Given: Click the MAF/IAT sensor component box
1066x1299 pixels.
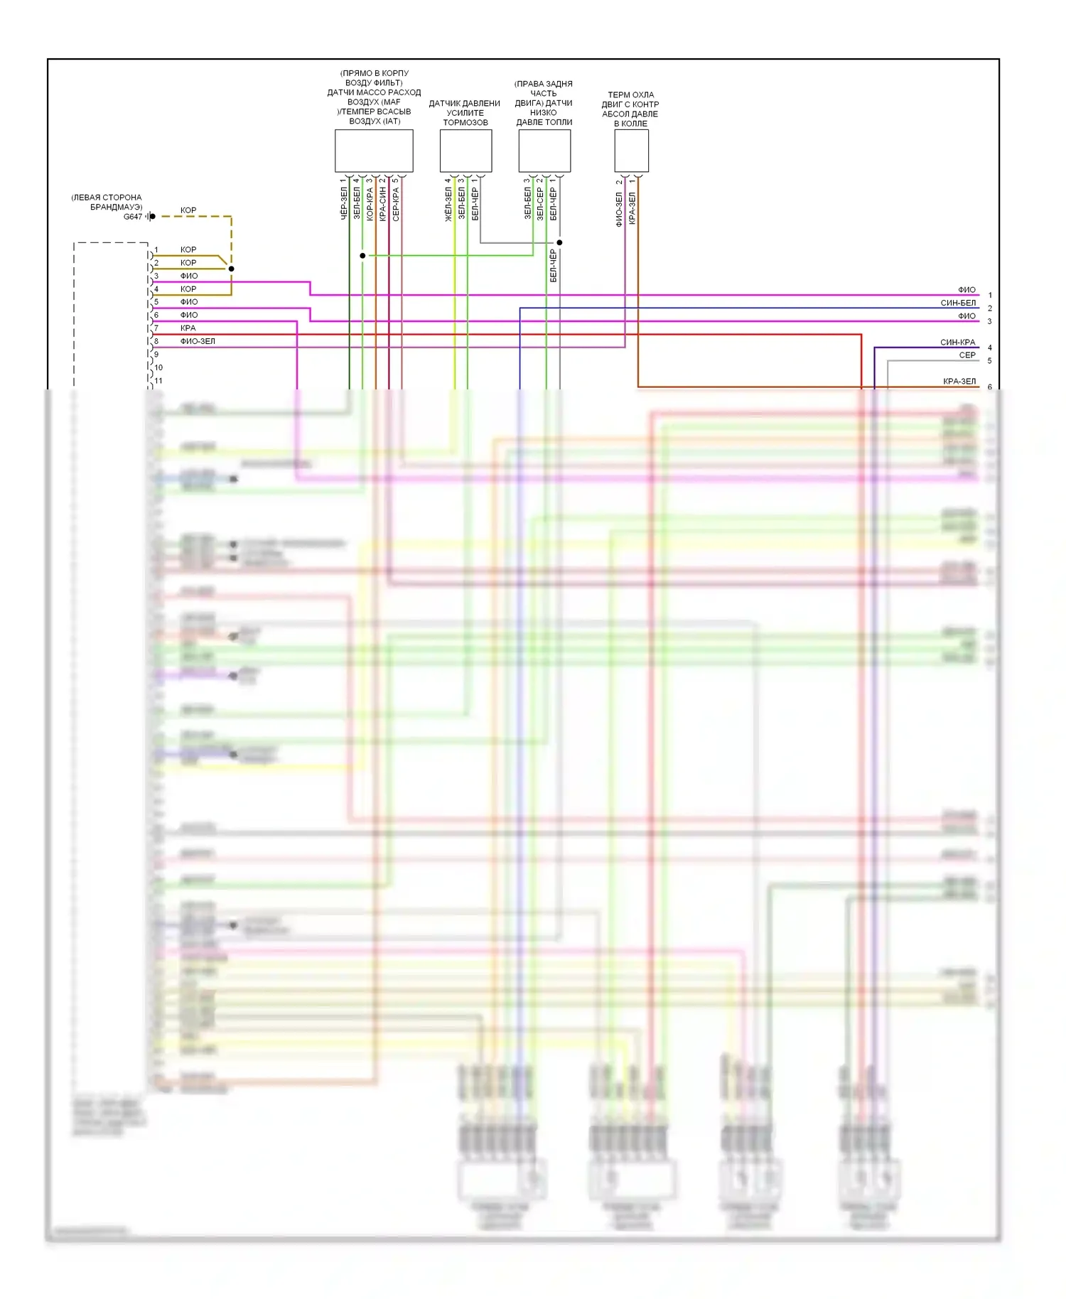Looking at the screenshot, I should pos(374,151).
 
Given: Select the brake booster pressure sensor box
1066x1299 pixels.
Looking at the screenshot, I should pos(465,151).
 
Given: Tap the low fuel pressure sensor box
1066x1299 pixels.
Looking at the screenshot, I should pos(544,151).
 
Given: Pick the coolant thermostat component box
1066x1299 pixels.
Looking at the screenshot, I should pos(631,151).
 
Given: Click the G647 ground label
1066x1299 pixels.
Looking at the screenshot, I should pos(133,217).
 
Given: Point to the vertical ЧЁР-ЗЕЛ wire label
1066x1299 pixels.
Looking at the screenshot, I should pos(344,202).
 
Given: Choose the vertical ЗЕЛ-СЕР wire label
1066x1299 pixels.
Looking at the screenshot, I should pos(540,203).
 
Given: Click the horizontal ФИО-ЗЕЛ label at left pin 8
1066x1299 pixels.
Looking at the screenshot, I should pos(198,341).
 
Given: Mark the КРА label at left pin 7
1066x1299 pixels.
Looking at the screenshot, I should pos(188,328).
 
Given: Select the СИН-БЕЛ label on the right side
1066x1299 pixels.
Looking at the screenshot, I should pos(958,303).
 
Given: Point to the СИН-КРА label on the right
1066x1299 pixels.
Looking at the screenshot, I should pos(958,342).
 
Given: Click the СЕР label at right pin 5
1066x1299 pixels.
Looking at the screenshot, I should pos(967,355).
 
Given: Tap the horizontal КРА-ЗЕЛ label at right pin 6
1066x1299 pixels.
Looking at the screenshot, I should pos(959,382).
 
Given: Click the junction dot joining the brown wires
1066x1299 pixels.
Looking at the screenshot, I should pos(231,269).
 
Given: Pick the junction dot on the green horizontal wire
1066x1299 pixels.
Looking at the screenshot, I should pos(362,255).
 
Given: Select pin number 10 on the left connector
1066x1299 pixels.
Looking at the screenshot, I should pos(158,367).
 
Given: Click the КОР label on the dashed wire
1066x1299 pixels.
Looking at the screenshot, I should pos(188,210).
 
